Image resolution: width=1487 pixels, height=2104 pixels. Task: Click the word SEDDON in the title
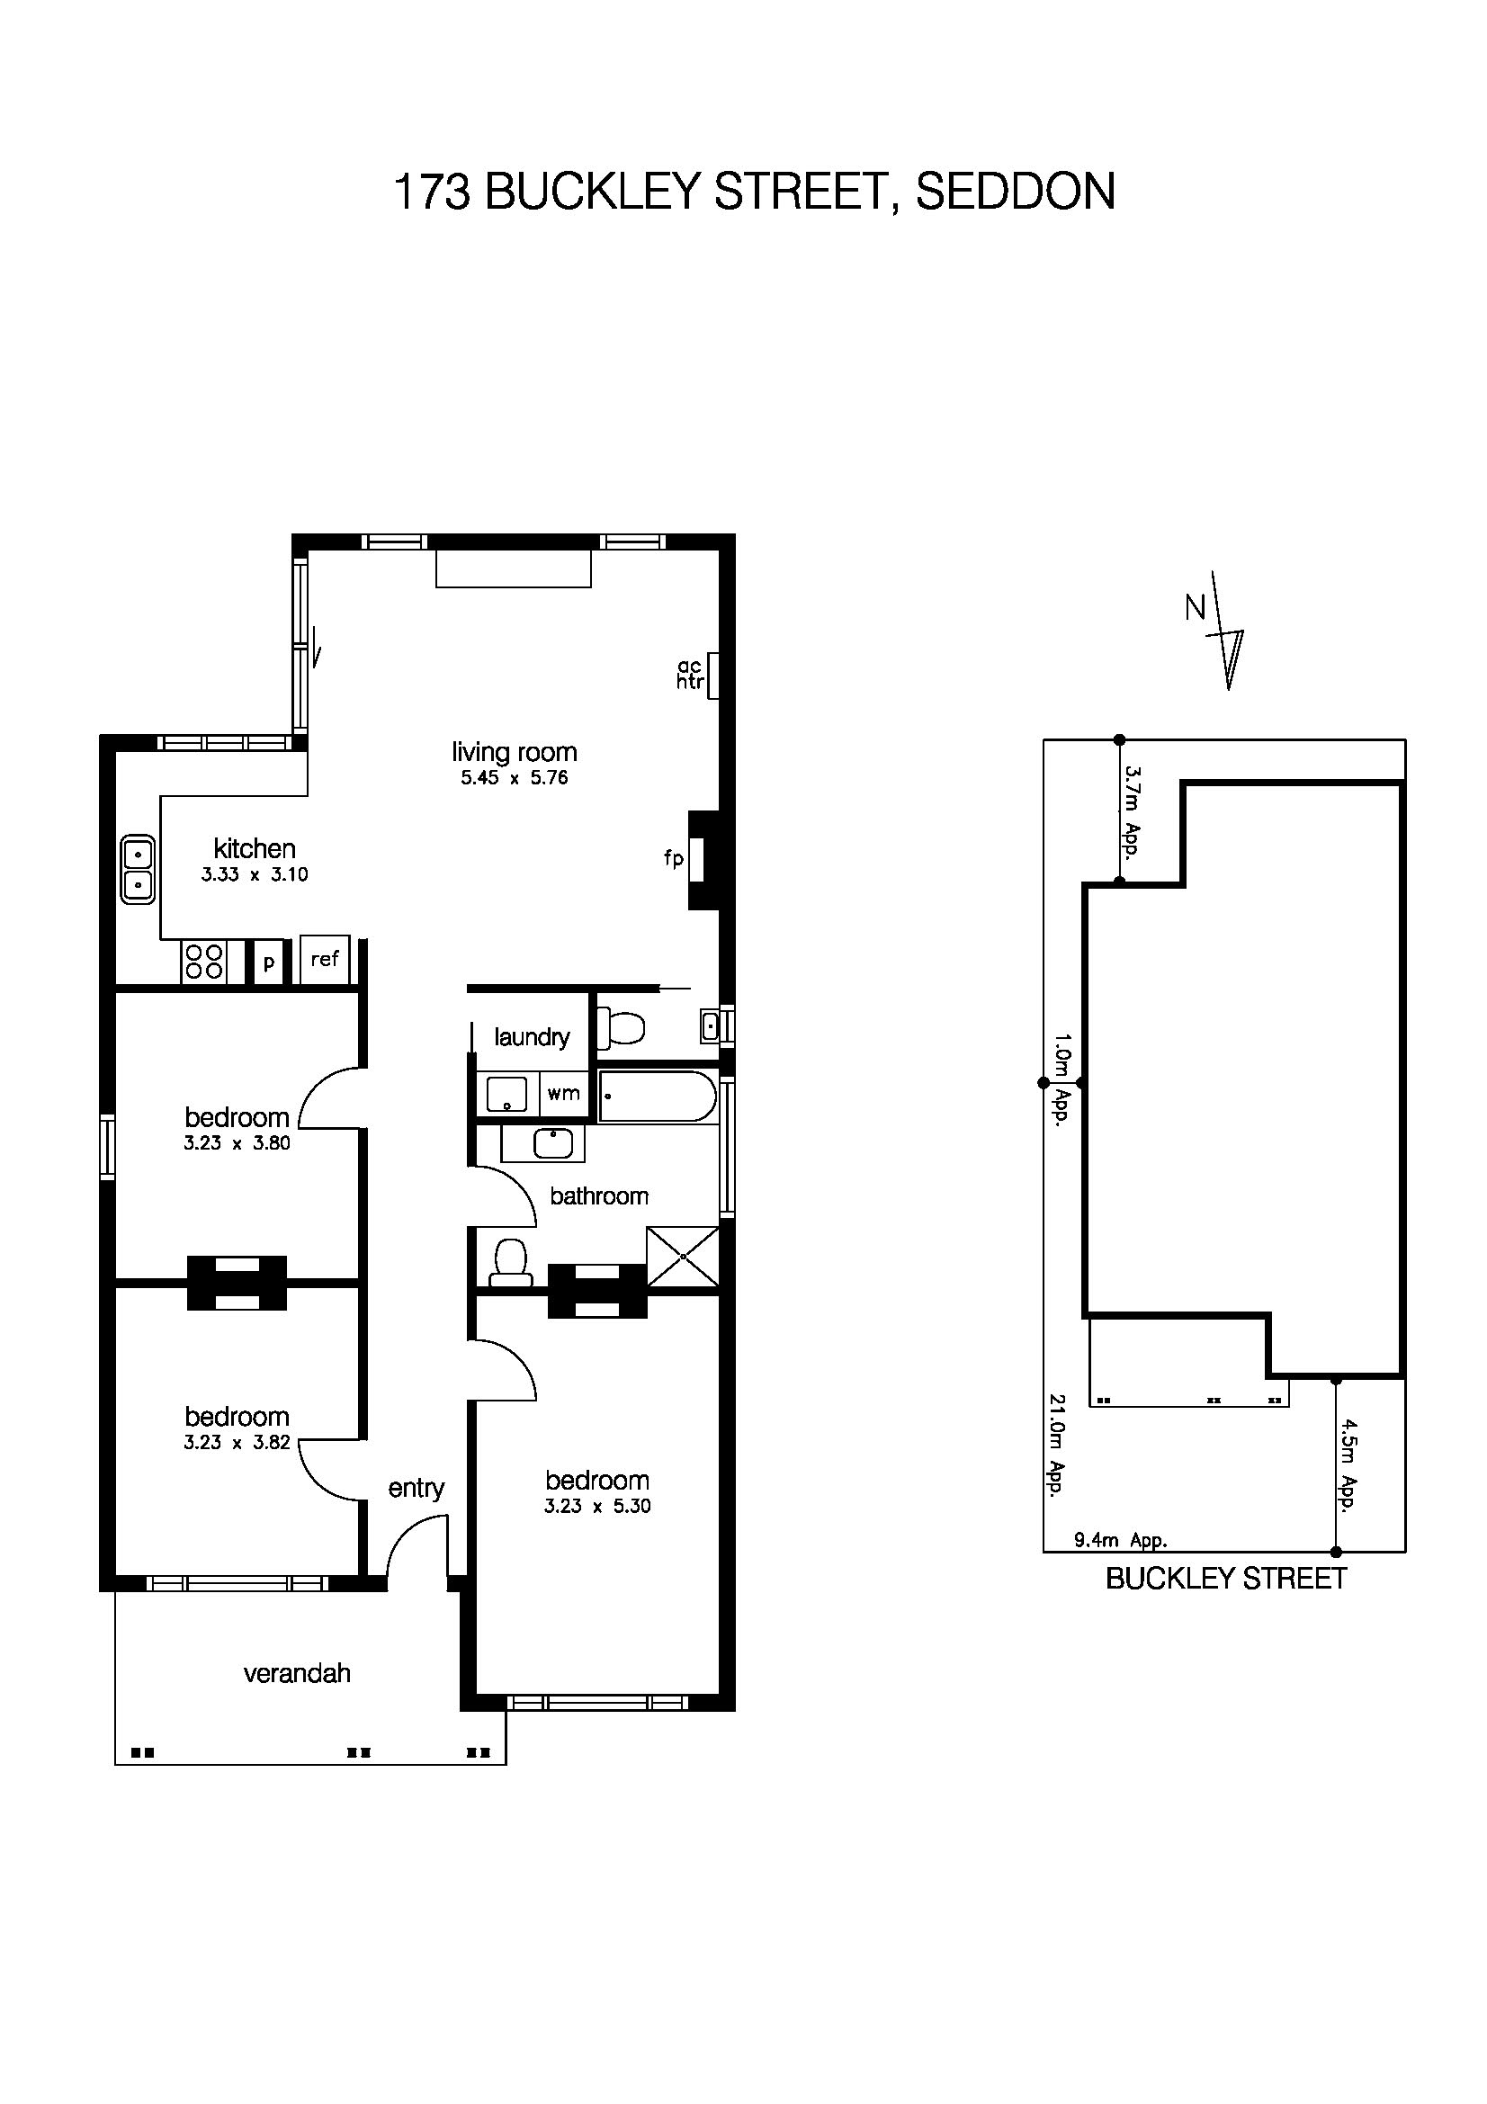(x=1015, y=192)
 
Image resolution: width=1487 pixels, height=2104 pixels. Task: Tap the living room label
(x=514, y=752)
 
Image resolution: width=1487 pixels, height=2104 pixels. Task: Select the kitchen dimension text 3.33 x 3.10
(x=255, y=874)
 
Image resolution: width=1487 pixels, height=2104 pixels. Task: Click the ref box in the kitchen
(x=325, y=960)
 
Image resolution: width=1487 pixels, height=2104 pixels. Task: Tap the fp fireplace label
(x=674, y=859)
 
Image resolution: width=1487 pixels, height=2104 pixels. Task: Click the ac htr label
(x=690, y=674)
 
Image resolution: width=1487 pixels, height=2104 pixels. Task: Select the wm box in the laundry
(x=563, y=1092)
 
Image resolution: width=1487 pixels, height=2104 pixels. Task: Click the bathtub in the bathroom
(x=657, y=1096)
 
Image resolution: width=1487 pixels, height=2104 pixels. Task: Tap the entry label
(x=416, y=1488)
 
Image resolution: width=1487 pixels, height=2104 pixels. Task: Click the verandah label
(x=297, y=1673)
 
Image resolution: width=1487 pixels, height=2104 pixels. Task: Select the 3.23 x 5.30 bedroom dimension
(x=597, y=1506)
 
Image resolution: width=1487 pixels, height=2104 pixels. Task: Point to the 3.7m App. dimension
(x=1133, y=812)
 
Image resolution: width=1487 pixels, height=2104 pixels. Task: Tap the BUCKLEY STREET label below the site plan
(x=1226, y=1578)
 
